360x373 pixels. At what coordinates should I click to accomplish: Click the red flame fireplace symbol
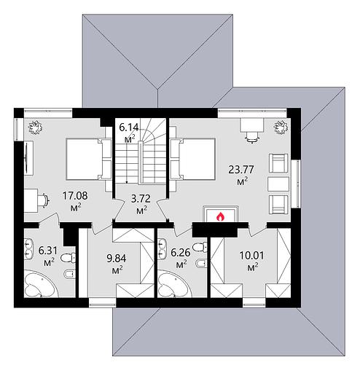pos(220,216)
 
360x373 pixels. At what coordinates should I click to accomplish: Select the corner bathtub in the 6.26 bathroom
pos(173,285)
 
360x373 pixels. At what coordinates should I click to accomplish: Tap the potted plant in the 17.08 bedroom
pos(35,127)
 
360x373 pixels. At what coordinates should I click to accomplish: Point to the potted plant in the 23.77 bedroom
pos(281,127)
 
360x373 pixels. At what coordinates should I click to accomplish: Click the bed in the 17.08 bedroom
pos(89,159)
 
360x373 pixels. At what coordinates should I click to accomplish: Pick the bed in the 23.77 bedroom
pos(192,159)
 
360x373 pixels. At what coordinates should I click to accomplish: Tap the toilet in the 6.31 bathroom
pos(68,258)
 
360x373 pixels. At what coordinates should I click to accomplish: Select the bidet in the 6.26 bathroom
pos(202,263)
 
